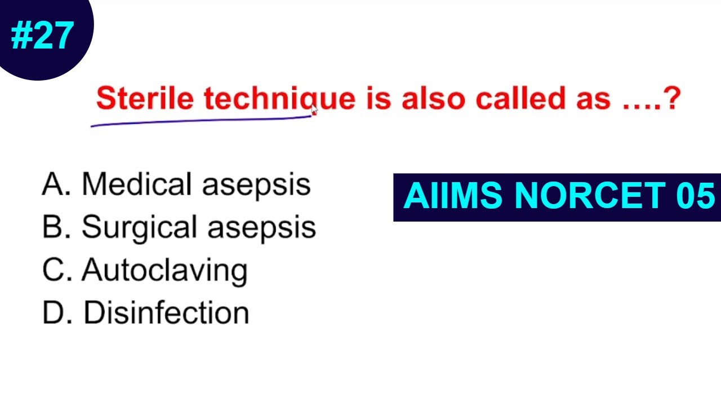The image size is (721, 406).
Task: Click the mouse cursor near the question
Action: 314,111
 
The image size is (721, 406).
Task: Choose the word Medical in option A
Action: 136,184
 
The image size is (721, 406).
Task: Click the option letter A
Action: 55,184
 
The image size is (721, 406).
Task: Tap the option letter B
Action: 55,227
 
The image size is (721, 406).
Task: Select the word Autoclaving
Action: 164,271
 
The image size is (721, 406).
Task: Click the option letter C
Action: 55,271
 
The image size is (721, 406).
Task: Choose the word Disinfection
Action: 166,313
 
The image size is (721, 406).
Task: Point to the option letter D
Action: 55,314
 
